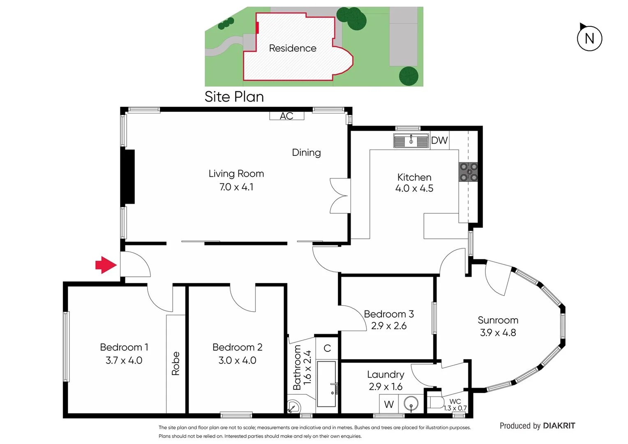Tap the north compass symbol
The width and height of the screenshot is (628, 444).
click(589, 38)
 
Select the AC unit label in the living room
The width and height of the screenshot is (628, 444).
click(286, 116)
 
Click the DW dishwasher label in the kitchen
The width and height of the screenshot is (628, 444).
click(439, 141)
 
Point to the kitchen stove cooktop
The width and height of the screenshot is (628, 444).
click(469, 172)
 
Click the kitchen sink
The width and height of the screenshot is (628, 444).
click(411, 141)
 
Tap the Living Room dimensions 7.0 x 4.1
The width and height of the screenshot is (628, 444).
click(236, 187)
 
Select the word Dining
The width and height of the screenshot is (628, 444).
click(306, 153)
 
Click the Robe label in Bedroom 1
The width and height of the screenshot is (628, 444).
click(175, 363)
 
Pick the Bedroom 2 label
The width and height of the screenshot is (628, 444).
click(237, 347)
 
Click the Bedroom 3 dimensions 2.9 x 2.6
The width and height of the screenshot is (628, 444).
click(389, 326)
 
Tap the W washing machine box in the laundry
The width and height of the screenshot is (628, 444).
click(389, 404)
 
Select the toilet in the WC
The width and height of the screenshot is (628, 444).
click(435, 402)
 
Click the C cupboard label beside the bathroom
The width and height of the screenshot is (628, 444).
click(327, 349)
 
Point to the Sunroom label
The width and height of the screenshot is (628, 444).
click(498, 320)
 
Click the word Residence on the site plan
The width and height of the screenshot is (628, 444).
click(293, 49)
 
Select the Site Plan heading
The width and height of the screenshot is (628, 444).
click(234, 97)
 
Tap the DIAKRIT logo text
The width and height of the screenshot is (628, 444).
click(559, 426)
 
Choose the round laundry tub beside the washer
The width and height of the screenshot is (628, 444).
click(411, 404)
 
